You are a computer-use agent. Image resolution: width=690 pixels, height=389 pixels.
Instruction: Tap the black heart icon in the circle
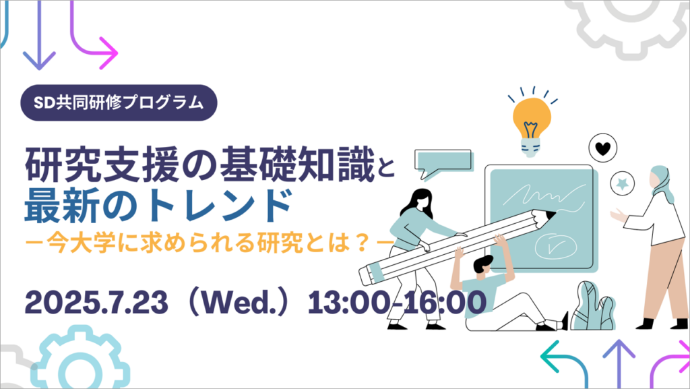602,148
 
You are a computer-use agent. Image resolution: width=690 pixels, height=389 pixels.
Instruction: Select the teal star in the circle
622,183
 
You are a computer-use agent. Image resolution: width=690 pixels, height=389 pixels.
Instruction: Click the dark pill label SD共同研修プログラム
119,102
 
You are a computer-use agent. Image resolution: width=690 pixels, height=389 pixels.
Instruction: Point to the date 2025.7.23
96,302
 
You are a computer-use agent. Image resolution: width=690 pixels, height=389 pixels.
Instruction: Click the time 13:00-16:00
396,302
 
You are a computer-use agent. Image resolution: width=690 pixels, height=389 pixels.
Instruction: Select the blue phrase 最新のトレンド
158,205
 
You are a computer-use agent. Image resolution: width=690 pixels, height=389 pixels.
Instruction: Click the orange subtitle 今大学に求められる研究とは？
210,243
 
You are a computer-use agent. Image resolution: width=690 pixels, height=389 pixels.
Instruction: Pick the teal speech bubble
443,164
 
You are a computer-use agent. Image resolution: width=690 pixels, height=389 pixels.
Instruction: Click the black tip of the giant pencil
551,215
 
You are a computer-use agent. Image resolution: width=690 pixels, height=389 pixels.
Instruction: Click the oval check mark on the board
555,247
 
